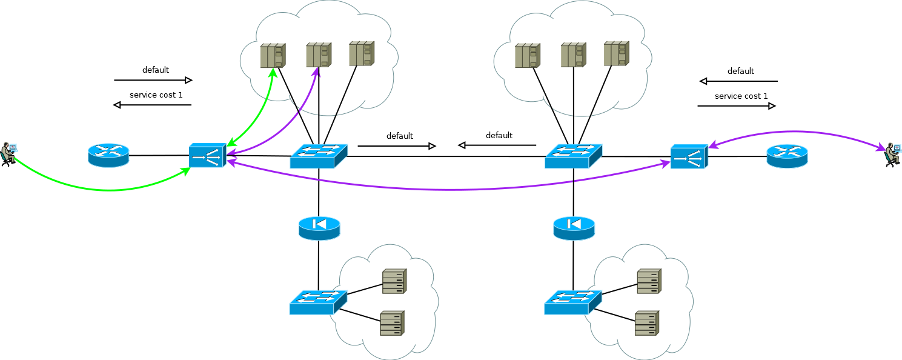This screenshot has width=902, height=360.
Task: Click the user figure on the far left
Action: [8, 154]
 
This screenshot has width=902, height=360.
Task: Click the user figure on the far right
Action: [892, 155]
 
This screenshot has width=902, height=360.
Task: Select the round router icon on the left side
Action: [108, 155]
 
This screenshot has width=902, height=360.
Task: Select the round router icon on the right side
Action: [788, 156]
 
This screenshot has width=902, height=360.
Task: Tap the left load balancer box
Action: [207, 155]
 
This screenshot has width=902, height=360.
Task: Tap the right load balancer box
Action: [689, 156]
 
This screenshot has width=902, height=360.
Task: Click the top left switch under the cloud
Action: [319, 156]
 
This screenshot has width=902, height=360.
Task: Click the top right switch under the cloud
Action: [574, 156]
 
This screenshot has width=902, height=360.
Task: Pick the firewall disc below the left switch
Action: [319, 228]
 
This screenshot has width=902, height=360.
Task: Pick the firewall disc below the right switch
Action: [574, 228]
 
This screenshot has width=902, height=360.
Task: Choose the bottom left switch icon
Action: [318, 302]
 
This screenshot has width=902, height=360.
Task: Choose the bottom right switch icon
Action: [573, 302]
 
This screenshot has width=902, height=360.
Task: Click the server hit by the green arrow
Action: [273, 56]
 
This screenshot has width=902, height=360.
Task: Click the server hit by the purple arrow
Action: [319, 55]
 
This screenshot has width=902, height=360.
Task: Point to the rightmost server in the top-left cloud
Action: [362, 53]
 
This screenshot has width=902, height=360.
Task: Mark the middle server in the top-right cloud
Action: [574, 55]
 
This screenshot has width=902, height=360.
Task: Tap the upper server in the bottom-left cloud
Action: [394, 281]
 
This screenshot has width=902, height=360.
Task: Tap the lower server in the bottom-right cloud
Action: [647, 323]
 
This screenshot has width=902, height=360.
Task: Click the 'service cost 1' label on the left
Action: [156, 95]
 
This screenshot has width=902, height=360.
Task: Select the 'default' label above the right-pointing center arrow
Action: [400, 136]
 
